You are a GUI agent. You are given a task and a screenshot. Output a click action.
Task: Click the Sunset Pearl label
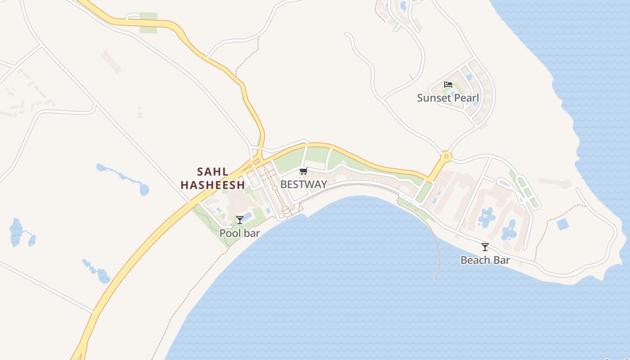coord(448,98)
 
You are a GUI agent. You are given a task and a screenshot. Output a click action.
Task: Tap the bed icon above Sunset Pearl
coord(448,85)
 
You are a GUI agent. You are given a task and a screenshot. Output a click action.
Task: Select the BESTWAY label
coord(303,184)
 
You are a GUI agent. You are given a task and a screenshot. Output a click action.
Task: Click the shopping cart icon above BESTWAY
coord(303,171)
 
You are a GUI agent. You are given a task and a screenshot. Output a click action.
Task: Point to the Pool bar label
coord(239,233)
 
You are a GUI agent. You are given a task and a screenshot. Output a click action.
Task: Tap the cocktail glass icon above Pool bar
coord(240,220)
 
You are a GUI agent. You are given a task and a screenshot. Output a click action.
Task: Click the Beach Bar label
coord(485,260)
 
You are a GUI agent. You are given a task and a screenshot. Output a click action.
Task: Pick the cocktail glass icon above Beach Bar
coord(485,247)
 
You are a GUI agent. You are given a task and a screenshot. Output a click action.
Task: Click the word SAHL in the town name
coord(213,172)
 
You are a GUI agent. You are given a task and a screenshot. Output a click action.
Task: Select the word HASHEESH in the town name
coord(213,185)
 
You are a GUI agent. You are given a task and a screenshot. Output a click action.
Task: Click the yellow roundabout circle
coord(446,157)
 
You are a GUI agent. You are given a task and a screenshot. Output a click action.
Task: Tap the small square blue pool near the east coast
coord(562,224)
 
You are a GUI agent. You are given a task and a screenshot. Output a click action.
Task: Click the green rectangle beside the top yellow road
coord(148,22)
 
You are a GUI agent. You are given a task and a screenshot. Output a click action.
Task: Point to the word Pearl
coord(467,98)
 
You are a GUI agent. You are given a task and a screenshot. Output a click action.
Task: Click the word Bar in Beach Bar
coord(501,260)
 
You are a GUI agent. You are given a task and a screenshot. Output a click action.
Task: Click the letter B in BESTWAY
coord(283,184)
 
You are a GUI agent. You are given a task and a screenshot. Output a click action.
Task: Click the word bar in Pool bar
coord(252,233)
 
